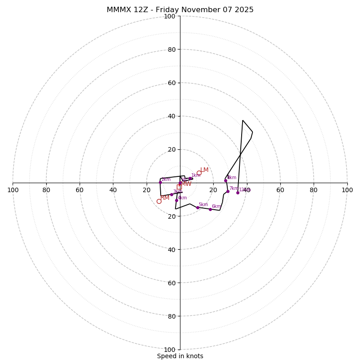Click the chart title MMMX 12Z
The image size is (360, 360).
(x=180, y=10)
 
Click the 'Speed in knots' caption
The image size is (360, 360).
(x=180, y=356)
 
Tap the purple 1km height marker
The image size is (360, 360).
(x=190, y=179)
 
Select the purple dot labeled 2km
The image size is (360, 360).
(x=160, y=182)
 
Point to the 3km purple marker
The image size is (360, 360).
(x=171, y=194)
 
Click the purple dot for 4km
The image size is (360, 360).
(x=176, y=201)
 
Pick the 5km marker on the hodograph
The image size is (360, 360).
(x=198, y=207)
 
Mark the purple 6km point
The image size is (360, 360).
(x=210, y=209)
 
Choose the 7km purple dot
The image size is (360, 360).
(x=228, y=191)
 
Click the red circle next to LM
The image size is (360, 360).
(x=199, y=173)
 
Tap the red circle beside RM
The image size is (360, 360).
(x=159, y=201)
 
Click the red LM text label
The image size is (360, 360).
(x=204, y=170)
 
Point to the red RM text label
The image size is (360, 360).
(x=165, y=198)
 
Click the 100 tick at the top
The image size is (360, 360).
(x=169, y=16)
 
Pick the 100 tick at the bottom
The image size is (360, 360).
(x=169, y=350)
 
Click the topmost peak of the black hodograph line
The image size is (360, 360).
(x=243, y=120)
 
